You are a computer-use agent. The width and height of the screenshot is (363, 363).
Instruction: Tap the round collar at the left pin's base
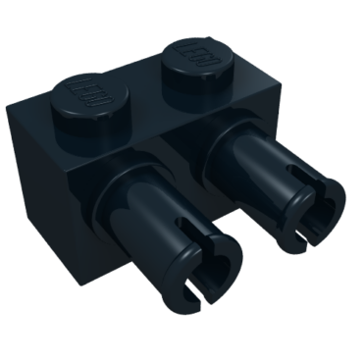[123, 197]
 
